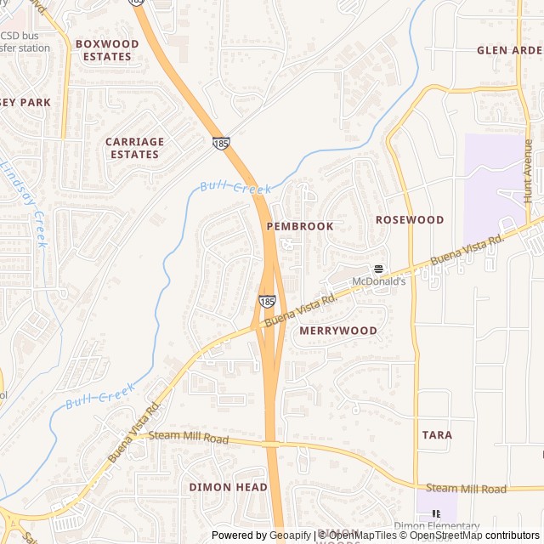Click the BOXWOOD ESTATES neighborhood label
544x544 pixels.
107,49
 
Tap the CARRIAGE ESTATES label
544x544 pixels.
134,148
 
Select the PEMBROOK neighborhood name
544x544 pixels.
300,227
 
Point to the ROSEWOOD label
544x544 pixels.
410,219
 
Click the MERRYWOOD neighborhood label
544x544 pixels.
338,330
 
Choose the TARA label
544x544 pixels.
437,434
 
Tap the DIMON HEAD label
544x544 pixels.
228,487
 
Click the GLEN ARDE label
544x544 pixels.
509,49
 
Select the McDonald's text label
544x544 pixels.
379,281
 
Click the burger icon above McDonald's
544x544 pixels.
379,269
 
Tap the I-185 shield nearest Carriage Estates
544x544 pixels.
221,144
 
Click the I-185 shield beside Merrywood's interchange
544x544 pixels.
267,301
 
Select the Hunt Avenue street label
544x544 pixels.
528,170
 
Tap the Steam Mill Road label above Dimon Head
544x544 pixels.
189,439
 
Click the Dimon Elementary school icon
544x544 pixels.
436,514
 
